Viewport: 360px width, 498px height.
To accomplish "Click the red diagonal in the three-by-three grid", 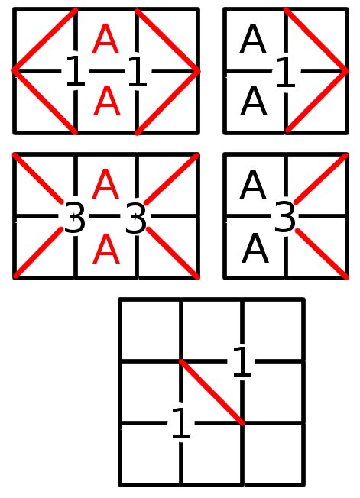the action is (212, 393).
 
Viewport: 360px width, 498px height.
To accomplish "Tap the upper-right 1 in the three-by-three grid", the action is (242, 361).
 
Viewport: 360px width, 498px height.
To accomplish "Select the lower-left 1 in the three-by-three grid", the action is (181, 423).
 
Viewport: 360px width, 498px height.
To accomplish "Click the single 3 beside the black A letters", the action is (284, 217).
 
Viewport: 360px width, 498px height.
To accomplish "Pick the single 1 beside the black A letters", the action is (286, 72).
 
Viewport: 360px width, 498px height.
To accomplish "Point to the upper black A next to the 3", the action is (253, 185).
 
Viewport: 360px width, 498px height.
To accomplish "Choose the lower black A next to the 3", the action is (255, 249).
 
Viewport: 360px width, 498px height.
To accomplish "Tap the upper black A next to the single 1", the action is (252, 40).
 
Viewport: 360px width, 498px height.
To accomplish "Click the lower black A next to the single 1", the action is (253, 102).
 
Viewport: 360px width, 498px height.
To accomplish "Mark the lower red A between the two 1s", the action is (107, 102).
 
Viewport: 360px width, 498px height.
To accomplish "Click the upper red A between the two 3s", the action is (105, 184).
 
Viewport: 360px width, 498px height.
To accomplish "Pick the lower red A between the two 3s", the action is (106, 249).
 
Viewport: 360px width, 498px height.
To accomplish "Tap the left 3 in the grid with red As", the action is (75, 217).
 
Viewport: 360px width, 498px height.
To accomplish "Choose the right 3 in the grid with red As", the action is (136, 217).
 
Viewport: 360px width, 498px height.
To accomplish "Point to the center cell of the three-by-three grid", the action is (212, 393).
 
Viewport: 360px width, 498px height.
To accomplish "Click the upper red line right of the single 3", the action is (321, 179).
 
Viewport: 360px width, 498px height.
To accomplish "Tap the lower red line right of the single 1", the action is (317, 101).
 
